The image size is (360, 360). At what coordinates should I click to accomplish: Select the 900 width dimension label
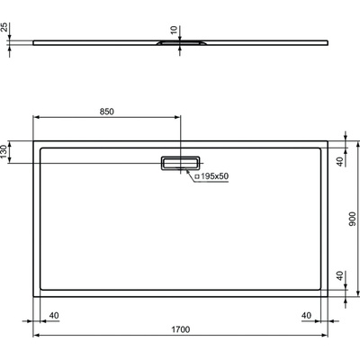click(354, 217)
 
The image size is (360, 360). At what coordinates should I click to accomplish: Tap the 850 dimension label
click(106, 112)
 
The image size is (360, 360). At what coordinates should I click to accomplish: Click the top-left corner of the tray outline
click(34, 140)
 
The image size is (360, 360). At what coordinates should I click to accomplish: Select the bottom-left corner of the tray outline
click(34, 296)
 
